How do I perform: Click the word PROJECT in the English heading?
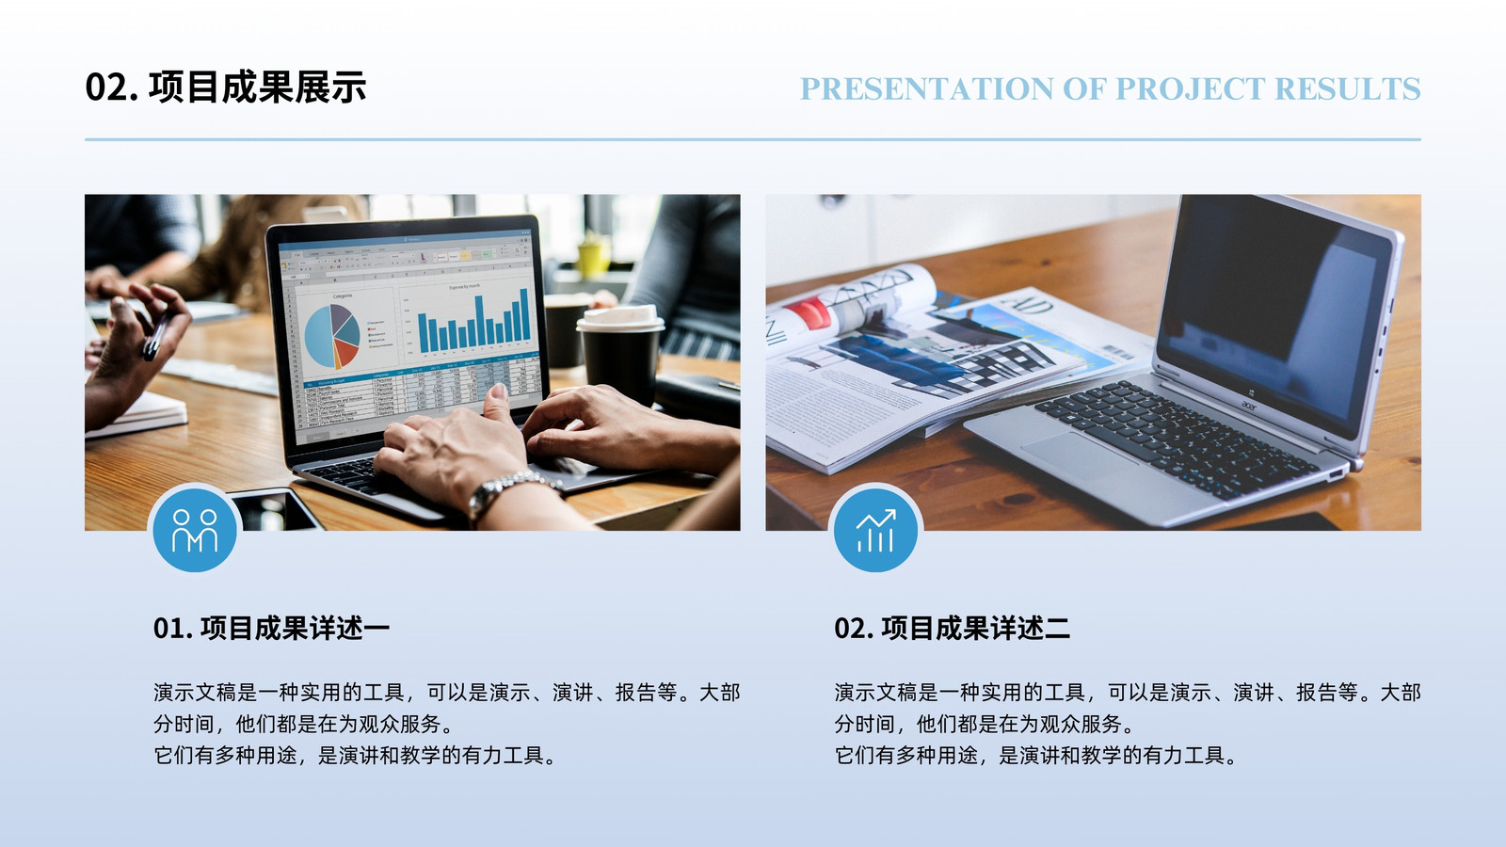(1190, 88)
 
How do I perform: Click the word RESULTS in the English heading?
(1347, 88)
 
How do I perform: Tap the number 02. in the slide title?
(112, 88)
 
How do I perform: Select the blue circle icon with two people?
(195, 530)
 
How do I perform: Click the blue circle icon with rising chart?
(875, 530)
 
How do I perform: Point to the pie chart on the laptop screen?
(332, 335)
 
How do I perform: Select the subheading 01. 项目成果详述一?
(272, 628)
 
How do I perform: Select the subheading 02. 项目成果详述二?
(952, 628)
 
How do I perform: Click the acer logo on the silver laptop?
(1248, 406)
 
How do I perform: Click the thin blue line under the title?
(753, 140)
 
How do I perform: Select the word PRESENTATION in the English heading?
(926, 88)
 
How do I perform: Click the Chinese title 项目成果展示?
(258, 88)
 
